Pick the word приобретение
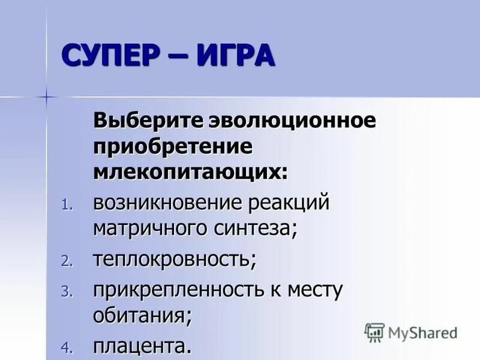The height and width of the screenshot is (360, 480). pyautogui.click(x=172, y=146)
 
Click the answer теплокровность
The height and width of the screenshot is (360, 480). pyautogui.click(x=174, y=260)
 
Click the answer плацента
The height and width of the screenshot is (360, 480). pyautogui.click(x=142, y=346)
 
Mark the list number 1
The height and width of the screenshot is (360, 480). pyautogui.click(x=66, y=205)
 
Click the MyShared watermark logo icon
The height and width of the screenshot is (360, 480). pyautogui.click(x=374, y=332)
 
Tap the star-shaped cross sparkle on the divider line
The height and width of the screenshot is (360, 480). pyautogui.click(x=46, y=96)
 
